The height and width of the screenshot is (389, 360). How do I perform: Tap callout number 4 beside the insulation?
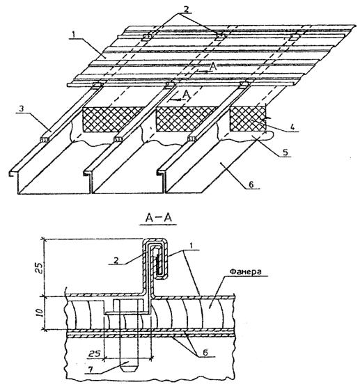point(292,127)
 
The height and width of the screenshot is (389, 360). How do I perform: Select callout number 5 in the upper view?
point(285,152)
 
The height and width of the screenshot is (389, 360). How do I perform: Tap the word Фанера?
point(246,271)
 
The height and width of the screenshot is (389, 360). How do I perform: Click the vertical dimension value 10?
point(40,312)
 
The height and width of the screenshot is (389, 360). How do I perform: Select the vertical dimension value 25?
point(40,267)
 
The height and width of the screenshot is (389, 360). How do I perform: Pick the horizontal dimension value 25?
point(95,354)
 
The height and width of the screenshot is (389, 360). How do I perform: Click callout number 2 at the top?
point(186,10)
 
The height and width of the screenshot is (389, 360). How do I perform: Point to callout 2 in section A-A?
point(117,260)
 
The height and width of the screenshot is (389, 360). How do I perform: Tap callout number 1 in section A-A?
point(191,246)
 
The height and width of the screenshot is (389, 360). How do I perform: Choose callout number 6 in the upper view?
point(251,184)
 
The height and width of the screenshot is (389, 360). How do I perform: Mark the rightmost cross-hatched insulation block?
point(248,119)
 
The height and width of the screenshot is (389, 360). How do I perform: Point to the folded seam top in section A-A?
point(155,239)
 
